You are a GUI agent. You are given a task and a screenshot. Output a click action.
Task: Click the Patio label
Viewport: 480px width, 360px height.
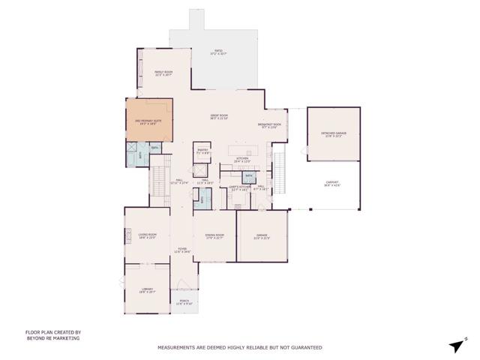pos(218,52)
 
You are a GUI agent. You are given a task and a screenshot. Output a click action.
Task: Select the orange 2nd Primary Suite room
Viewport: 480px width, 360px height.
pos(148,120)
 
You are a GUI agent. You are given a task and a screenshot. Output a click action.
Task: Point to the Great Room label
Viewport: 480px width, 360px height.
pos(218,116)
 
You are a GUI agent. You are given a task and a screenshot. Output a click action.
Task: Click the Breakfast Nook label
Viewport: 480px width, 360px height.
pos(269,125)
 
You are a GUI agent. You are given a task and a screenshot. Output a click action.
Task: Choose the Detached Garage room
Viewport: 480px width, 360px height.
pos(332,134)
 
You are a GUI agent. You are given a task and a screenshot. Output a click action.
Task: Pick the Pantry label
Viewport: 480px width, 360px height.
pos(202,151)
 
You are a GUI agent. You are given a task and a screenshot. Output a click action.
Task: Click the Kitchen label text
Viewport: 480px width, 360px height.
pos(242,159)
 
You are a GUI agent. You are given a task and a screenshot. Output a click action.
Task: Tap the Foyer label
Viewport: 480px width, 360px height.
pos(181,250)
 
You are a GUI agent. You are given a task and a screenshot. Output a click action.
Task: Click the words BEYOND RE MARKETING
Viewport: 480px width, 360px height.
pos(52,338)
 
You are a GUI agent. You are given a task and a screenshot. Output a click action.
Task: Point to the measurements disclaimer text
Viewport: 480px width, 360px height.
pos(239,348)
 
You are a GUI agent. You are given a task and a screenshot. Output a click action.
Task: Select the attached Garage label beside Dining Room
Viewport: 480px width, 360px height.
pos(261,237)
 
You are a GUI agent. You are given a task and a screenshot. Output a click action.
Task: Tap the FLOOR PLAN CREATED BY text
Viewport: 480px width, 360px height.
pos(53,332)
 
